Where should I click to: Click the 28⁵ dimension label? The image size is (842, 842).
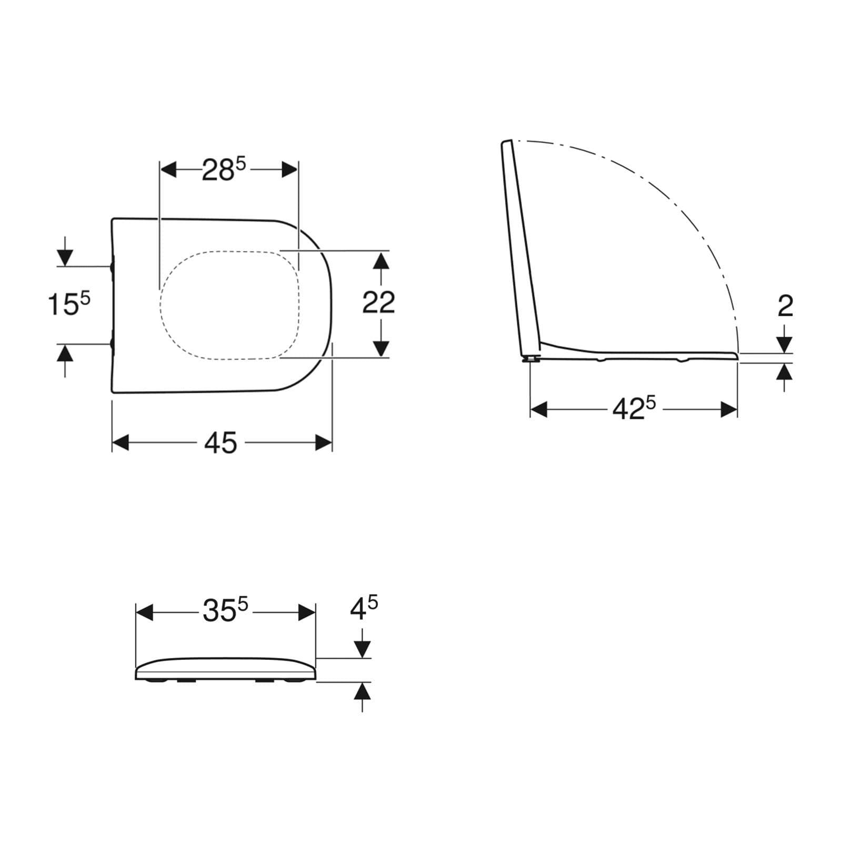coord(224,169)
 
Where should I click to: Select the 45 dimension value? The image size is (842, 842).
coord(221,443)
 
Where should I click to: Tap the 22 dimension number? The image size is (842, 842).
coord(378,303)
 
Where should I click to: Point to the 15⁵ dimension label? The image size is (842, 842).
coord(69,305)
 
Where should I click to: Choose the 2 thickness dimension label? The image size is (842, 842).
coord(785,306)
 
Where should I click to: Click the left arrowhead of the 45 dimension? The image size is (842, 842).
coord(121,443)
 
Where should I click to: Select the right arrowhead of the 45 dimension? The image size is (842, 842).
coord(324,443)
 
